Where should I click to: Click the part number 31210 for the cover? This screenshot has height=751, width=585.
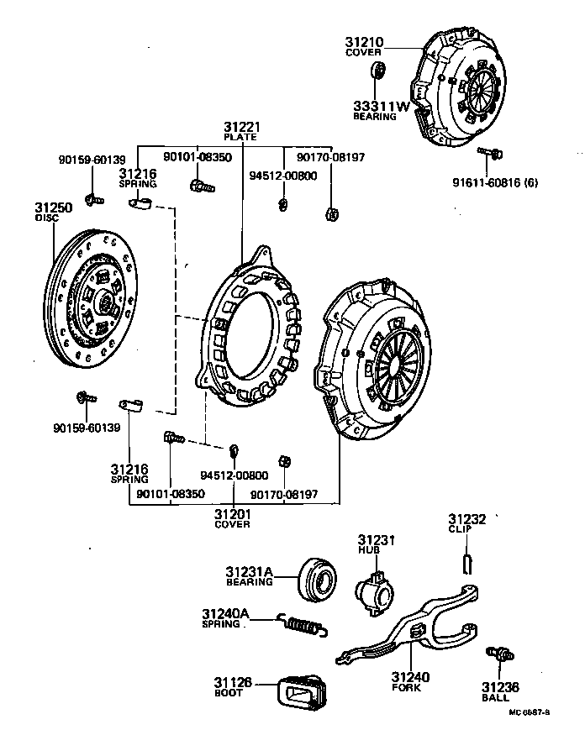pyautogui.click(x=364, y=41)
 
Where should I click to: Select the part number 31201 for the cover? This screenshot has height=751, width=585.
pyautogui.click(x=232, y=513)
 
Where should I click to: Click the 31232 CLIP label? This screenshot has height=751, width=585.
pyautogui.click(x=466, y=520)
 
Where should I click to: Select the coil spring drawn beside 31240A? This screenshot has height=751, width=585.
pyautogui.click(x=303, y=624)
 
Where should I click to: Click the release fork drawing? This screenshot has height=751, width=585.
pyautogui.click(x=412, y=634)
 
